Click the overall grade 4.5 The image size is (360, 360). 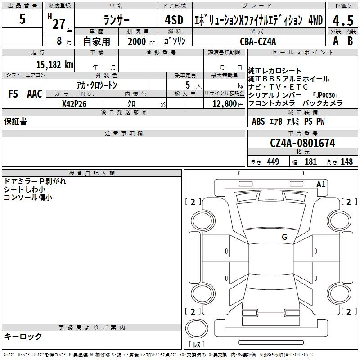point(342,20)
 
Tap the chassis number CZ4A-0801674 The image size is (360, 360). point(302,144)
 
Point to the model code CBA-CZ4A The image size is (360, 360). point(258,41)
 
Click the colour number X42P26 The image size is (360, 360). point(74,103)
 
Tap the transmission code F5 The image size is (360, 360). point(13,94)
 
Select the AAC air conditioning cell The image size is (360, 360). point(35,94)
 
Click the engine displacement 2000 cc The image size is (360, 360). point(140,41)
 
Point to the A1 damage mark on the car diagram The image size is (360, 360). point(321,184)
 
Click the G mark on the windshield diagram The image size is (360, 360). point(284,237)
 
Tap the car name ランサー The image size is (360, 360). point(116,21)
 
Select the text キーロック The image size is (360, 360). point(23,337)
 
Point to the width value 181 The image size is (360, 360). point(311,162)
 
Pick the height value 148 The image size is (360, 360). point(346,162)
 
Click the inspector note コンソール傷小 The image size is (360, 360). point(28,197)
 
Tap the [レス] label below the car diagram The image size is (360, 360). point(196,345)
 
